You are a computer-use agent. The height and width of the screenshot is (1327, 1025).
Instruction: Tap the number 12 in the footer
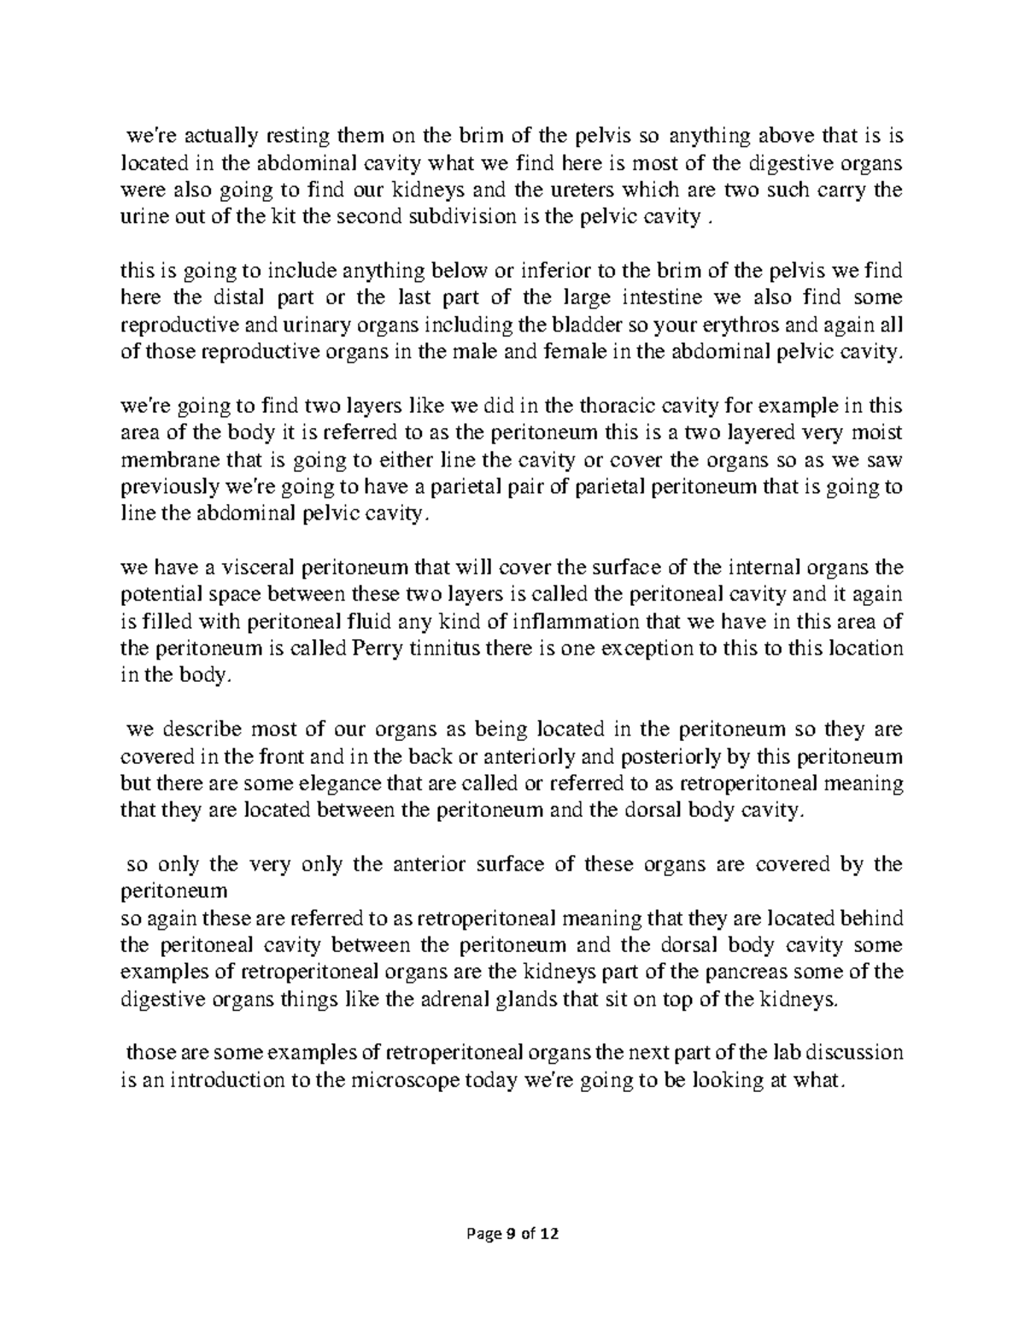point(551,1234)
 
